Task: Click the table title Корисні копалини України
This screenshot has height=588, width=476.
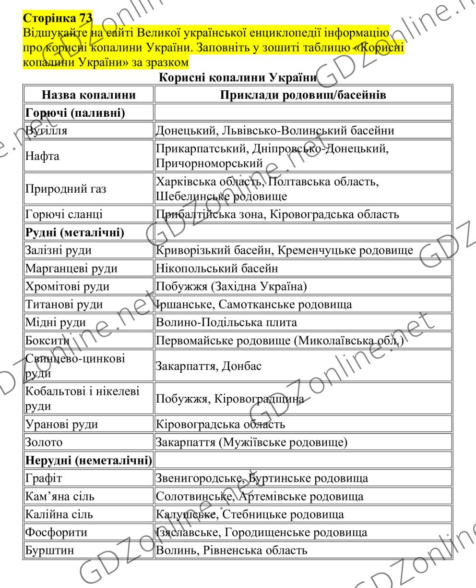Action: point(238,78)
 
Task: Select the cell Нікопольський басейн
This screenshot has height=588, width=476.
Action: point(216,268)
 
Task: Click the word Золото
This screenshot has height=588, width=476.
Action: point(40,442)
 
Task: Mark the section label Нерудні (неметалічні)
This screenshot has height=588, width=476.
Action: point(88,460)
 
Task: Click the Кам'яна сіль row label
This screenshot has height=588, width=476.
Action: point(53,495)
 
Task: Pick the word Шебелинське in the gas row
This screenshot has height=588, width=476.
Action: point(190,196)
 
